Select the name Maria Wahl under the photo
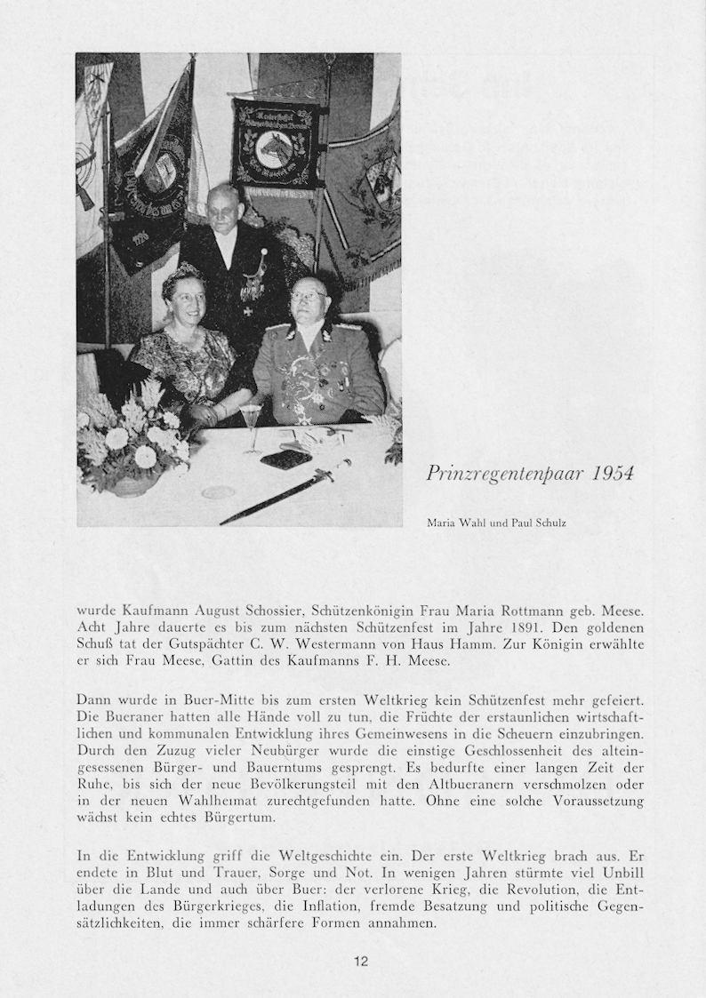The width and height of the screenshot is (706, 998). coord(453,523)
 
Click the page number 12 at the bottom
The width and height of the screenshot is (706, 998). coord(361,961)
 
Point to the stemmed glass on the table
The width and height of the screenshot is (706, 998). coord(252,422)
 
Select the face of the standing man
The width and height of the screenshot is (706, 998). coord(223,209)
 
